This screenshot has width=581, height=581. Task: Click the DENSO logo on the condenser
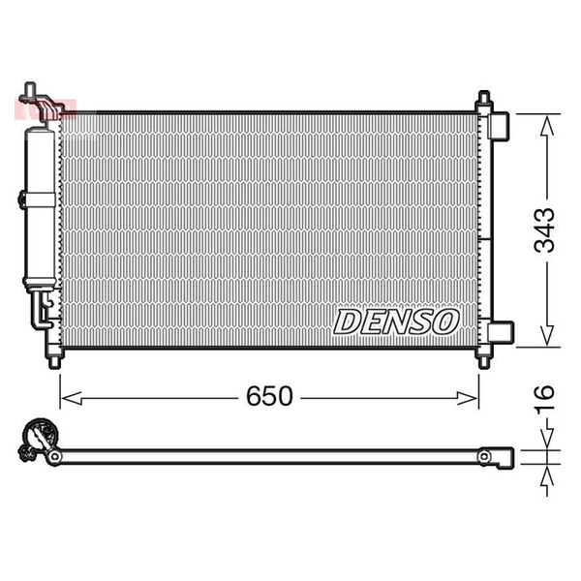coord(396,321)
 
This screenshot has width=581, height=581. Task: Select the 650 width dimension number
coord(269,396)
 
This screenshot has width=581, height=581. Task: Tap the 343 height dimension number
coord(544,230)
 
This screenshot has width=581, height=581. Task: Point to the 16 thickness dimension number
coord(544,398)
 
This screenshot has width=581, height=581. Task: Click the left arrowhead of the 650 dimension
coord(71,398)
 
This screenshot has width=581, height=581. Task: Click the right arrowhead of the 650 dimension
coord(468,398)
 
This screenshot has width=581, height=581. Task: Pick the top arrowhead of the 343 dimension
coord(547,125)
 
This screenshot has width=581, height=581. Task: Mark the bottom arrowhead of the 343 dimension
coord(547,336)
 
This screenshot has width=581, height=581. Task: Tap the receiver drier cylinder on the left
coord(40,208)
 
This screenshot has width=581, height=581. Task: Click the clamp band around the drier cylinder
coord(38,200)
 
